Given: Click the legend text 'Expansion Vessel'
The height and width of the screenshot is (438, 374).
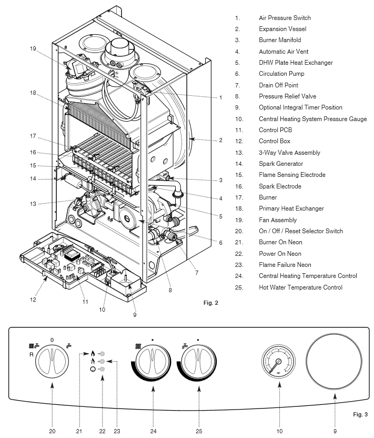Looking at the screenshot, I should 282,29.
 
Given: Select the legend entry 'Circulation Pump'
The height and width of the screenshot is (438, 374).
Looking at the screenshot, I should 281,74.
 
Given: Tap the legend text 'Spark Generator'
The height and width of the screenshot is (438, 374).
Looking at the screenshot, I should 281,164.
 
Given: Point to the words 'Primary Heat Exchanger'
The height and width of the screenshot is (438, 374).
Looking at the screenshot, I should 291,208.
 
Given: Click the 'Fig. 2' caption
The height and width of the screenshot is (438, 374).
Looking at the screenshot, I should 210,303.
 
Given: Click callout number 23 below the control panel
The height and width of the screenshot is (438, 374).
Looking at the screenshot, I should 117,431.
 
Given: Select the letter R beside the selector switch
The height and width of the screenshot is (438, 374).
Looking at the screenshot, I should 32,354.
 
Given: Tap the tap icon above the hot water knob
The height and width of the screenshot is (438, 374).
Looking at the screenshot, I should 185,346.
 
